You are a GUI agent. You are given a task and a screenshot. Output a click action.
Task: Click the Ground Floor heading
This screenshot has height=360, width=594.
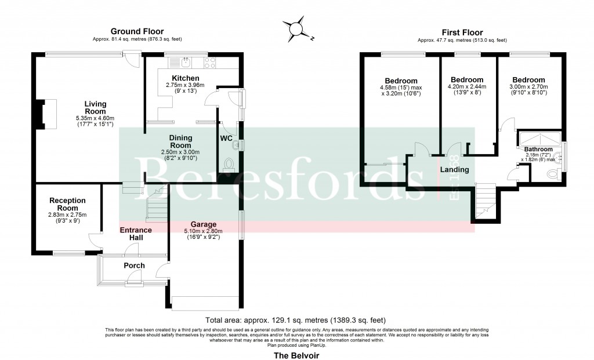137,31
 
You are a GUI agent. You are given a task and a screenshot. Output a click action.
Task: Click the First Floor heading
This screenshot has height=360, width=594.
462,32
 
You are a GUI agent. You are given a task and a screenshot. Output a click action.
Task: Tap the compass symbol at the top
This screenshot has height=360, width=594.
297,27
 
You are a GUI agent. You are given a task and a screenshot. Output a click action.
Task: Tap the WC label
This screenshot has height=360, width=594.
227,139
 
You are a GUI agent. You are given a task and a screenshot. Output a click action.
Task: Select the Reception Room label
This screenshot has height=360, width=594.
67,204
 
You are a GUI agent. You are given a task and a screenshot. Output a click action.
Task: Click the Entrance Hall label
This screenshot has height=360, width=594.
136,234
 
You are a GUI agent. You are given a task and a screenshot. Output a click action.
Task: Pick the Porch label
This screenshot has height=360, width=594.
134,266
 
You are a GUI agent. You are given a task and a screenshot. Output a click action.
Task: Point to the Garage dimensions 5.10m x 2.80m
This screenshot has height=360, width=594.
204,234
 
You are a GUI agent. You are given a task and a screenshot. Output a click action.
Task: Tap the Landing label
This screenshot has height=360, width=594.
454,170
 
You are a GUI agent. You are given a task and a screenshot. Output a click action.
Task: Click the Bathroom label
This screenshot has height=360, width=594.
532,149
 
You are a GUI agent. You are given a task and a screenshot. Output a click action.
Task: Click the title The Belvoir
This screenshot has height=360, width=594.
296,354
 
